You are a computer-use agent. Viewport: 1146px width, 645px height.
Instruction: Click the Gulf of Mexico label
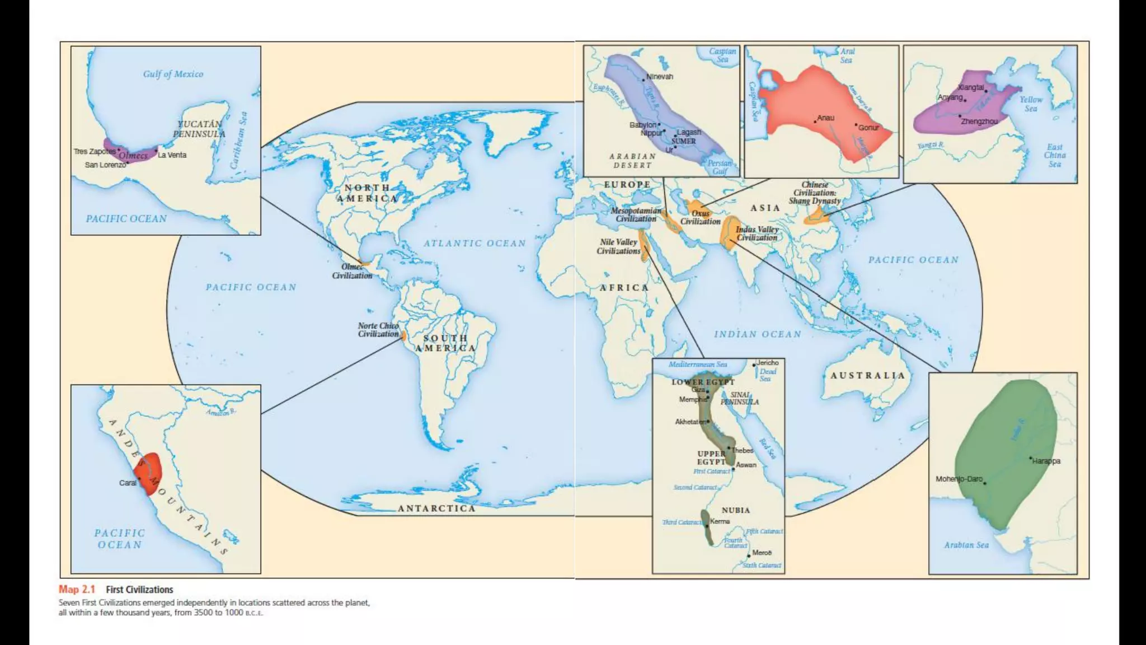173,74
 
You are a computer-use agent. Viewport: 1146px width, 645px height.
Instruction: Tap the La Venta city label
172,155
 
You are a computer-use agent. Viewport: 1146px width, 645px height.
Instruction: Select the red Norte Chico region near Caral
149,473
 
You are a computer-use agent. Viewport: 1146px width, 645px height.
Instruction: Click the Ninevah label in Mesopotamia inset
660,77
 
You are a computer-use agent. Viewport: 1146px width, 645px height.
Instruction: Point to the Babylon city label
642,125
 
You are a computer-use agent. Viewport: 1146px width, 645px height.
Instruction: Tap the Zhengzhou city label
979,121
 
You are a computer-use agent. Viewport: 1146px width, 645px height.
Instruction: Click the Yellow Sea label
1031,104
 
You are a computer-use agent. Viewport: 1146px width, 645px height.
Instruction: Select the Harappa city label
1046,461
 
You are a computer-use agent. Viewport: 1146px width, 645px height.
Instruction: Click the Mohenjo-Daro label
959,479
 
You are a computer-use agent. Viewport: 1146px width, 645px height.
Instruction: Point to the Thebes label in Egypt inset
743,450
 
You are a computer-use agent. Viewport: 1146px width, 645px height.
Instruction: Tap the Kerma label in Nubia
720,521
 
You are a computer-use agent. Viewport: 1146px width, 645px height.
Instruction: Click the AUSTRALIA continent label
867,376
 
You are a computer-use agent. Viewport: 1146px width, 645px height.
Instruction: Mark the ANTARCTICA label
436,508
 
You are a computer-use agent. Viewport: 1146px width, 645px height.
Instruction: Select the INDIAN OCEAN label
757,334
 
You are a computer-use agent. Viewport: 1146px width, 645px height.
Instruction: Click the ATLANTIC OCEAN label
475,244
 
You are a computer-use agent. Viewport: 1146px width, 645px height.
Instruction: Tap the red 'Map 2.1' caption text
77,589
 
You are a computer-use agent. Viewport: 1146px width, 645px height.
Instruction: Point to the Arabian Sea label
966,545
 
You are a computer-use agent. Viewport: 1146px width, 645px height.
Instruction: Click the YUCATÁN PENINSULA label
199,129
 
